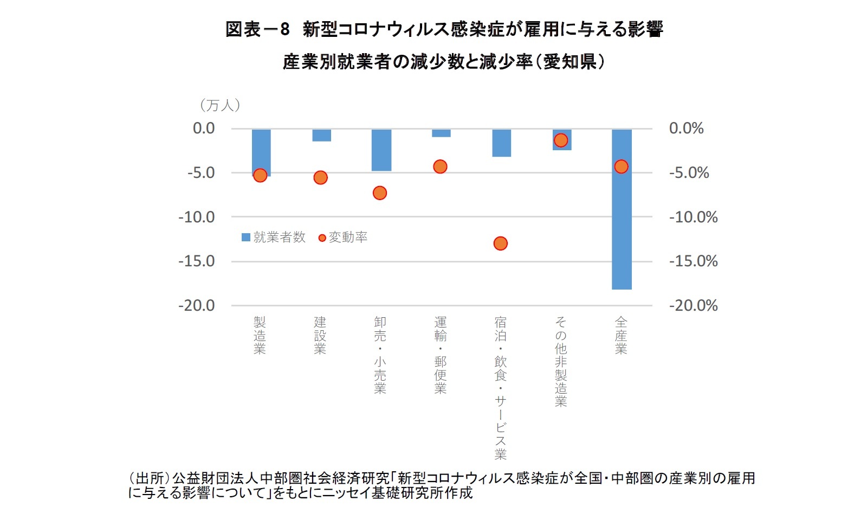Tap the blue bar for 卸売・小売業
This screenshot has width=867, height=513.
[x=381, y=150]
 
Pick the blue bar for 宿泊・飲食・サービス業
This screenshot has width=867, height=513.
[x=501, y=143]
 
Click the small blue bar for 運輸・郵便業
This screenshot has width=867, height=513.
[x=441, y=133]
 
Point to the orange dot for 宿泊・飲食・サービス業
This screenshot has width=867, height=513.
[x=500, y=243]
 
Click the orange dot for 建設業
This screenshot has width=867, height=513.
[x=320, y=178]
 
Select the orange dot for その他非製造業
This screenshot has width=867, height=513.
[x=561, y=140]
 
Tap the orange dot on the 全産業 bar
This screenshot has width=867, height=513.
[x=621, y=166]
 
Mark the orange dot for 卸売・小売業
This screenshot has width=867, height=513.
[x=380, y=193]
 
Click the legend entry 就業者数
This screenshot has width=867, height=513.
[x=274, y=238]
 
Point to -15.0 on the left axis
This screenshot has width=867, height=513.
[x=196, y=261]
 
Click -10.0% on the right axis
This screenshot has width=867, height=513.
[x=693, y=217]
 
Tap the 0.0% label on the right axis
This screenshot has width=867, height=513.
[x=686, y=129]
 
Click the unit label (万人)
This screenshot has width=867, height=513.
[x=220, y=105]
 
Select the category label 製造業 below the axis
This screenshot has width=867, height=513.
[x=260, y=336]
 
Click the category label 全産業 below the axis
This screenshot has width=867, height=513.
[x=621, y=336]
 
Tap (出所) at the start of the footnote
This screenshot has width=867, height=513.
[x=149, y=478]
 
